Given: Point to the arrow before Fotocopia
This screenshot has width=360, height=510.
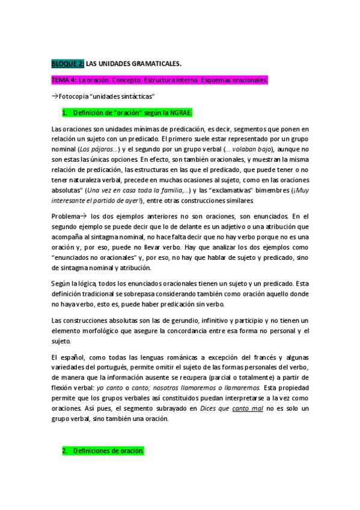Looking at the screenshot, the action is click(55, 96).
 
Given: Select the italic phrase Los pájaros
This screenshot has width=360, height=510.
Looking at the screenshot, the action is click(97, 149).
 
